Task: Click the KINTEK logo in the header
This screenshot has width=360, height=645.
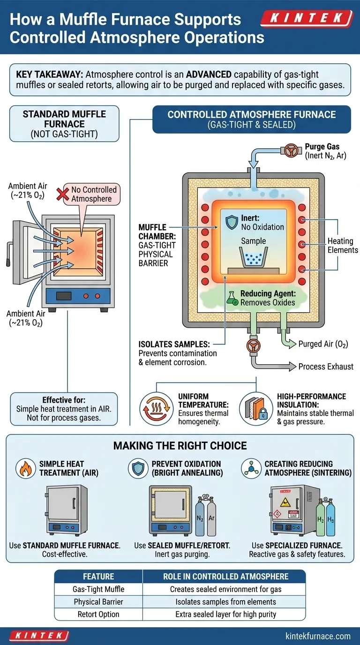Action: [307, 19]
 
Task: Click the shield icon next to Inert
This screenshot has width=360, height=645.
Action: [232, 222]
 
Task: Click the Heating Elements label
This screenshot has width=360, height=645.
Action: [340, 245]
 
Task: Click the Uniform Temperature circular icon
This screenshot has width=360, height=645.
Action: [155, 406]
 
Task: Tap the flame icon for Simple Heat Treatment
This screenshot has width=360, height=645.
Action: [25, 468]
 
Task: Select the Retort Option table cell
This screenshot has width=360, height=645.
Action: [99, 614]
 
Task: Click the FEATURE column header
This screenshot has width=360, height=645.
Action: [99, 577]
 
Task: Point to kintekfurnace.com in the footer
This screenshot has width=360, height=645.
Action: [318, 636]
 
